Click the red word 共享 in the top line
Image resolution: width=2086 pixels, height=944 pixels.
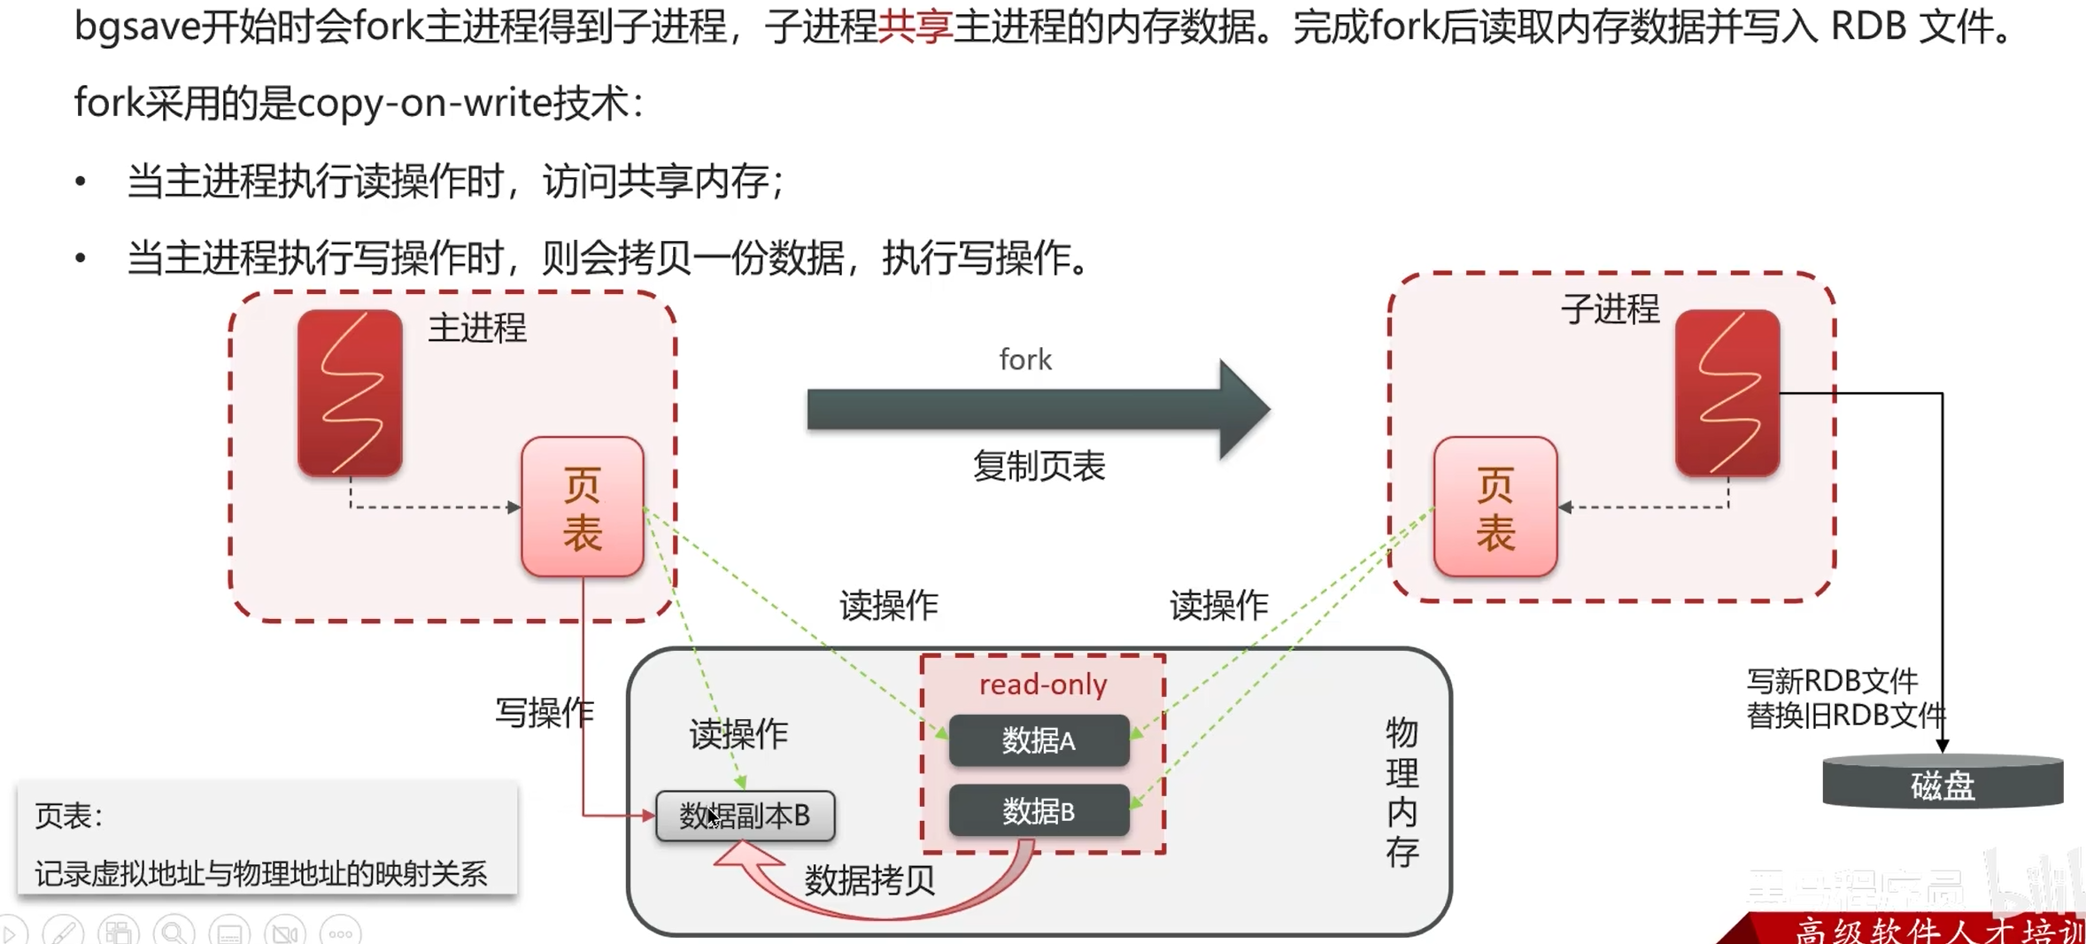point(915,27)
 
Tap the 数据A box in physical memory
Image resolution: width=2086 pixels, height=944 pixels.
point(1039,740)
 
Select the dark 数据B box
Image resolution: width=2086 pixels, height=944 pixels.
point(1039,810)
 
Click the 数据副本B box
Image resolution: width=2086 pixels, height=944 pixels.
point(745,816)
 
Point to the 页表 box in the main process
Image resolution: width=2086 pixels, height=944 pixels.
point(583,507)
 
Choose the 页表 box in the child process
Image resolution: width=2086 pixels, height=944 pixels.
point(1495,507)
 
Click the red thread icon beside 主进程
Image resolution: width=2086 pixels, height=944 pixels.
point(350,392)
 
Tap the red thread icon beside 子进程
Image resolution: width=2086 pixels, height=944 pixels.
point(1727,392)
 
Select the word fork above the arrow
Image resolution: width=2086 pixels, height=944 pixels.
point(1025,360)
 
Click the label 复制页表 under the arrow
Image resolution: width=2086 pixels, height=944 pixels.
point(1039,466)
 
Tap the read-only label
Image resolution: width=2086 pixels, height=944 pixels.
point(1043,685)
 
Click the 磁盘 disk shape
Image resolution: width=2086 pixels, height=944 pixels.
point(1943,784)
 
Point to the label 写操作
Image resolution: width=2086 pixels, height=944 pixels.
point(544,713)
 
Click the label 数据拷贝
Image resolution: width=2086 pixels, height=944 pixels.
point(869,880)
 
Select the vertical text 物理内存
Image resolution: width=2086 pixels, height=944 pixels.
point(1402,793)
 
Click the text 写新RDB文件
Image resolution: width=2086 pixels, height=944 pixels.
point(1831,681)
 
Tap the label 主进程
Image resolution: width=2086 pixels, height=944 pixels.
point(477,329)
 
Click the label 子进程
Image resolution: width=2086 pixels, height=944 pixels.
point(1610,309)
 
